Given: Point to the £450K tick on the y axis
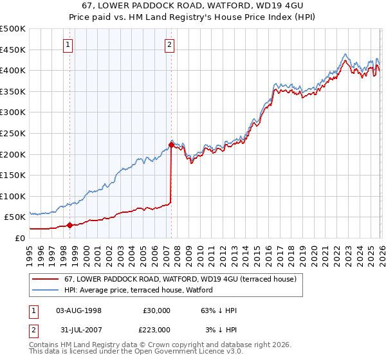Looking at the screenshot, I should (x=13, y=50).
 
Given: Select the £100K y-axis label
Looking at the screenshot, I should (x=13, y=196).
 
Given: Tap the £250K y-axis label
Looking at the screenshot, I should (x=13, y=133).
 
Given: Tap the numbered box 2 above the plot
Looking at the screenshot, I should (x=169, y=44).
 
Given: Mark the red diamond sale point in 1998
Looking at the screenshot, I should (x=69, y=225).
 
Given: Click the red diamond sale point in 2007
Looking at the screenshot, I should (x=171, y=145).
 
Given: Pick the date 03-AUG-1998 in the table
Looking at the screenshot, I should (x=79, y=310).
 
